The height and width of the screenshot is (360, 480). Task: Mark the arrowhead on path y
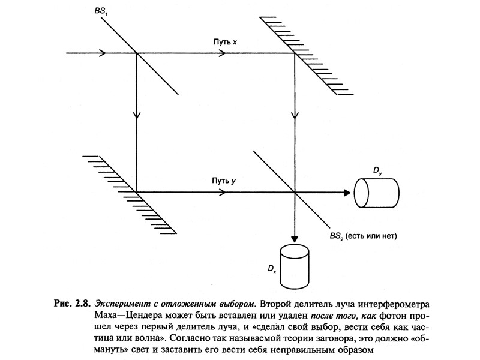click(223, 192)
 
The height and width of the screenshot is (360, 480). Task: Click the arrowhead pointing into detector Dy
click(346, 192)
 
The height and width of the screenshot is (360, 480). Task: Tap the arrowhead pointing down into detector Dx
click(294, 237)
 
